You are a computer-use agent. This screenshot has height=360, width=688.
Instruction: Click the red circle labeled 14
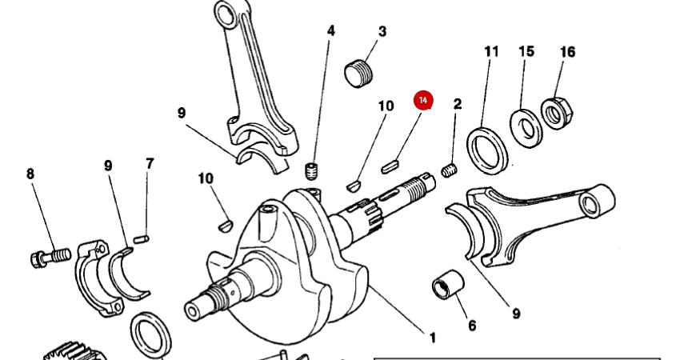422,100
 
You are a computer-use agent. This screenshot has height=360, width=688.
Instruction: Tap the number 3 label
382,32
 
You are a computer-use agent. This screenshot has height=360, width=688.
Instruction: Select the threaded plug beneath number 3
359,73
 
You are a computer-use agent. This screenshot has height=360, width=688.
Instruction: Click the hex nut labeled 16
554,112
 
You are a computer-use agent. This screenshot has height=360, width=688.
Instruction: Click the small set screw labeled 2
450,170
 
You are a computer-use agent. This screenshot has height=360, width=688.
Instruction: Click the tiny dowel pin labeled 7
141,237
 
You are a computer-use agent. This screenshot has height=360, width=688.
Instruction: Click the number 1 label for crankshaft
432,338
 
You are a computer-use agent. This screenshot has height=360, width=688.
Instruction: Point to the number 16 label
567,52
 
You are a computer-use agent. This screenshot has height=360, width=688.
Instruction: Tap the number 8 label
31,174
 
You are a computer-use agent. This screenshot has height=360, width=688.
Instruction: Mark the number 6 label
472,326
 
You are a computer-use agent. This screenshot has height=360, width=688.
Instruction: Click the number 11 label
491,52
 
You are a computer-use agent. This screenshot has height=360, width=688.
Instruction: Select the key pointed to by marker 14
390,166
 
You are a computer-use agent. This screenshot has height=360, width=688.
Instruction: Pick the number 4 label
330,32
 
